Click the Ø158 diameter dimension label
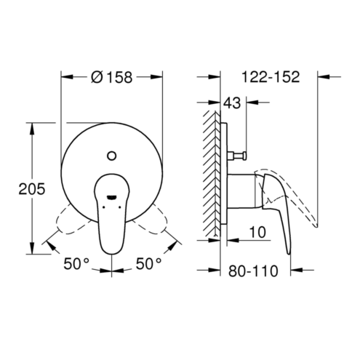point(112,77)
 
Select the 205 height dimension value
point(32,188)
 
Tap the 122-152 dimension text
point(271,77)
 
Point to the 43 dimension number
point(232,103)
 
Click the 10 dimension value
point(257,232)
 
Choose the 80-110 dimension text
point(253,271)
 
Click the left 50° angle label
point(76,263)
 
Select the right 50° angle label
point(148,263)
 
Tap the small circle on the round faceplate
point(112,156)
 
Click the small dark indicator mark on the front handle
point(112,197)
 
